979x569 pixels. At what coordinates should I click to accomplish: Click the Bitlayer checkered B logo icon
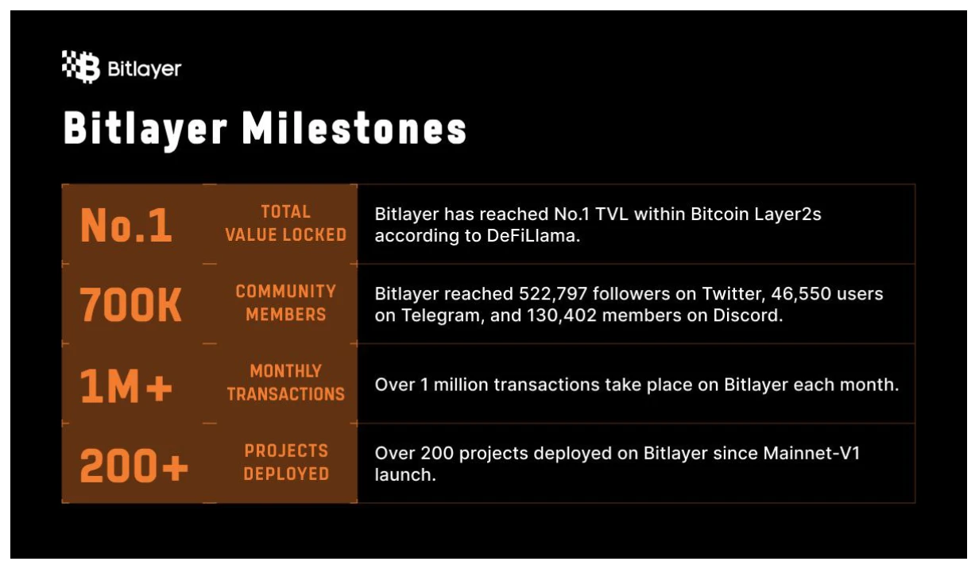pyautogui.click(x=81, y=67)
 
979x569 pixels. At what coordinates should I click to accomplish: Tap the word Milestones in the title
pyautogui.click(x=354, y=128)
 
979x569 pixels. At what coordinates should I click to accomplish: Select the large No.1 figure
pyautogui.click(x=126, y=225)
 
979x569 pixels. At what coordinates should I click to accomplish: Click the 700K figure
pyautogui.click(x=130, y=305)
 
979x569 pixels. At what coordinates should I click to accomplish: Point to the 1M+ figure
pyautogui.click(x=126, y=385)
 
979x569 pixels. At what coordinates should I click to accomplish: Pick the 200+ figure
pyautogui.click(x=133, y=465)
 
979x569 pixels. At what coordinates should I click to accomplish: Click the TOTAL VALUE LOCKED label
pyautogui.click(x=286, y=223)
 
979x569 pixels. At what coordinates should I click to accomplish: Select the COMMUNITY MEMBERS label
pyautogui.click(x=286, y=303)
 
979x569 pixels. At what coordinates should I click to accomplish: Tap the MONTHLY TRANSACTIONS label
pyautogui.click(x=286, y=383)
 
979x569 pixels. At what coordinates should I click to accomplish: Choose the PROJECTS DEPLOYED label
pyautogui.click(x=286, y=463)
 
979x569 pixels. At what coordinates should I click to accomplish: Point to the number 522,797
pyautogui.click(x=553, y=294)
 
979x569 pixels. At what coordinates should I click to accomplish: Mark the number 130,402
pyautogui.click(x=562, y=315)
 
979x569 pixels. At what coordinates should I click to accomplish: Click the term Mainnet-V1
pyautogui.click(x=811, y=453)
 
